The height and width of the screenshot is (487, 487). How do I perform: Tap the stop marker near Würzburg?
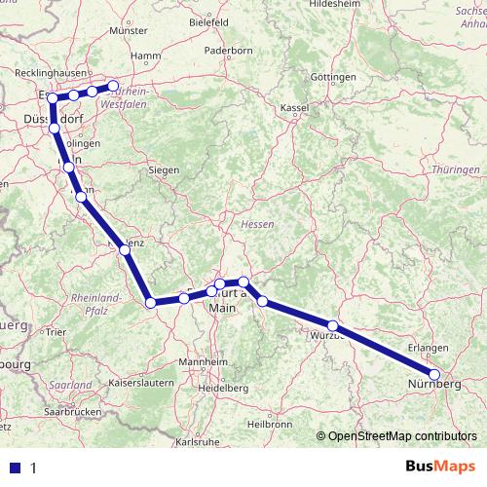click(x=333, y=326)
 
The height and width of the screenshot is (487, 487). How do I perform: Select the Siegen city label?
click(x=164, y=169)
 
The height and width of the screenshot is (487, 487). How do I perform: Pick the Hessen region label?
click(x=256, y=224)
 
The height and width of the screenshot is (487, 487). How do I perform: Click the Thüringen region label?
click(x=456, y=169)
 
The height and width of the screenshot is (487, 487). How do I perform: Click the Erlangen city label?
click(x=431, y=348)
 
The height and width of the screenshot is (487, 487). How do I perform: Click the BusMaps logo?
click(x=436, y=466)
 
